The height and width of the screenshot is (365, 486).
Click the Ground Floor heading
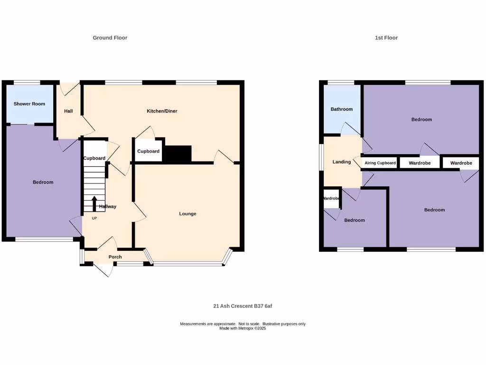point(110,38)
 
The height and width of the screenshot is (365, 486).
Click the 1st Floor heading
point(386,38)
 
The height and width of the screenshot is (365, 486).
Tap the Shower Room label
point(29,104)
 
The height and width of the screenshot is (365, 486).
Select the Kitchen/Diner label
point(162,111)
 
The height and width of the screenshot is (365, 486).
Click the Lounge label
point(187,214)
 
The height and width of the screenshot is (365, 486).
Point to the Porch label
point(115,257)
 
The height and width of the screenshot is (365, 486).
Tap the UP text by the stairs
point(94,219)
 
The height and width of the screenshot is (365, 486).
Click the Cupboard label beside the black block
point(149,152)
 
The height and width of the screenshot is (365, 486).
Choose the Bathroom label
point(342,109)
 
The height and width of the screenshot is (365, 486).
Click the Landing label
point(342,162)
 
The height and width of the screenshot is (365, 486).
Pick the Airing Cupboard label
point(380,163)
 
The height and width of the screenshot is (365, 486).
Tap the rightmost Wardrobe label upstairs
point(461,163)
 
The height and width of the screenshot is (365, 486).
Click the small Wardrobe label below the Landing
point(331,198)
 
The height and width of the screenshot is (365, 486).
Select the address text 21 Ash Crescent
point(243,306)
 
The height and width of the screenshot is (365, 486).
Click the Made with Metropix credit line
point(243,328)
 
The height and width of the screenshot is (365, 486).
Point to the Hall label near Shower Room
point(68,111)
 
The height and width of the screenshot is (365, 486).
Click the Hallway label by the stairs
point(108,207)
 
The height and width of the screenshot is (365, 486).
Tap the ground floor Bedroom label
point(43,182)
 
